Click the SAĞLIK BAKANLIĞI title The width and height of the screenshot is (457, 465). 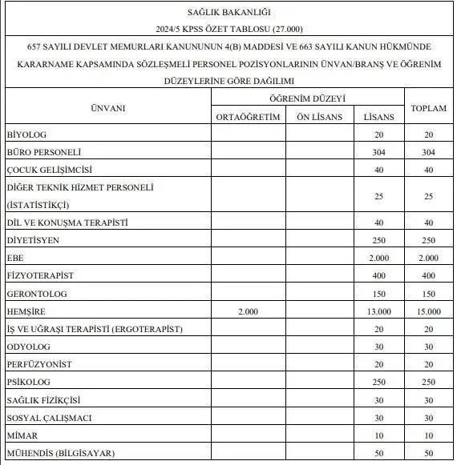228,11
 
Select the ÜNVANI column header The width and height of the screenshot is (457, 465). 107,108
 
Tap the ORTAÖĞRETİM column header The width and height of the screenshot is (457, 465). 249,117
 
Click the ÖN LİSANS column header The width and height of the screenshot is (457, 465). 319,117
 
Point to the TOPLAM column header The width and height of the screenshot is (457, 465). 428,108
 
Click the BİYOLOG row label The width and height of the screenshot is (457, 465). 26,134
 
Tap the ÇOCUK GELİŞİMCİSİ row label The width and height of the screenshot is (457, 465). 50,170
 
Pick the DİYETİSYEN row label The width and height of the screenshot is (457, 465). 33,239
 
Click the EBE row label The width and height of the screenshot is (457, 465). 14,257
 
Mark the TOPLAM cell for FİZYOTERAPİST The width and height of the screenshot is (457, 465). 428,275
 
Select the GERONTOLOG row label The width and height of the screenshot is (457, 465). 36,293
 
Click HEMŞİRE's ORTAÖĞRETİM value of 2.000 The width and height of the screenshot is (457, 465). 249,311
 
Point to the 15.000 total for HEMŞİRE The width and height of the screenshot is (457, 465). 428,311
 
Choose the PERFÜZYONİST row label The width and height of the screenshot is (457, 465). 38,364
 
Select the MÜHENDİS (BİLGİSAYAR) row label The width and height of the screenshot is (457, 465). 60,454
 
